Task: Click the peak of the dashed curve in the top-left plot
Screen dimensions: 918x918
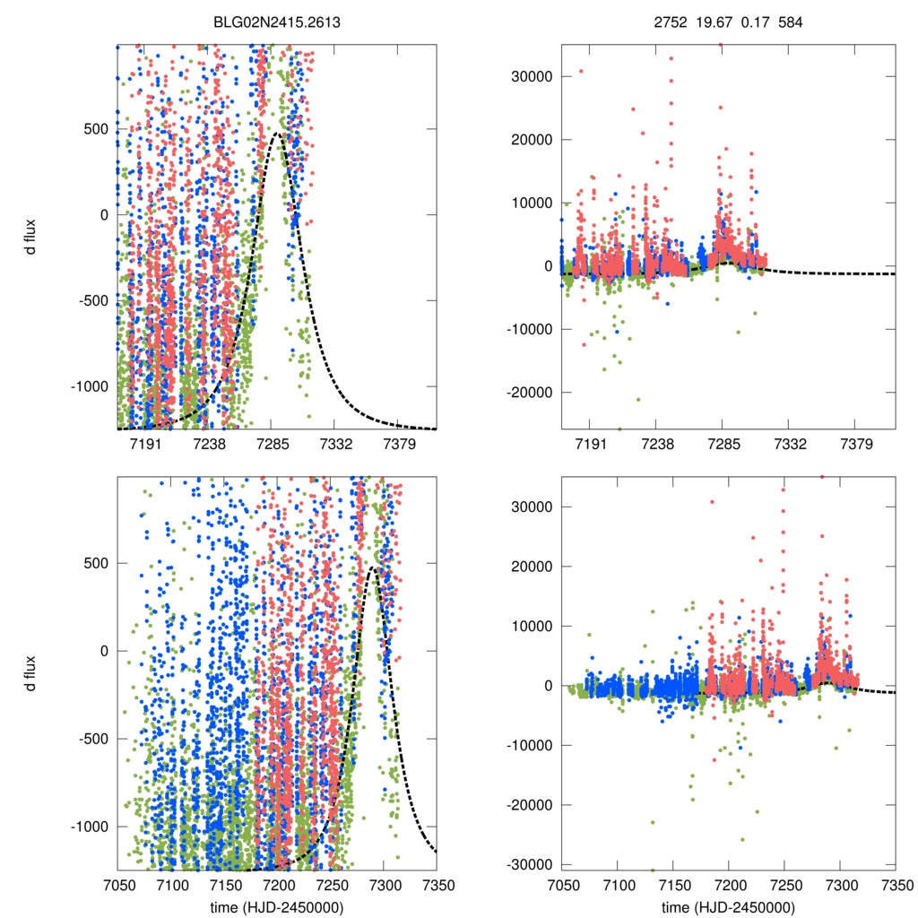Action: point(278,134)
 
